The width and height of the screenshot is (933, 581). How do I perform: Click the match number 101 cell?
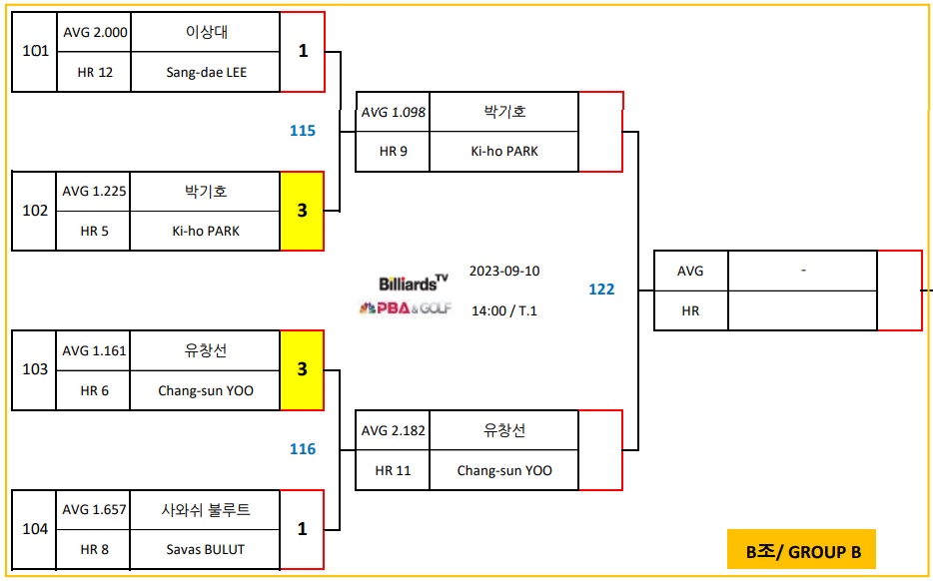point(35,51)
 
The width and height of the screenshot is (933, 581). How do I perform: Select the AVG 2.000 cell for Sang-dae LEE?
point(95,32)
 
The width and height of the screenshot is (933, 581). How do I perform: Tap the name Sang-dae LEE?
point(207,72)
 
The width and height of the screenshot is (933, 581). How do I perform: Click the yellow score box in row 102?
point(302,211)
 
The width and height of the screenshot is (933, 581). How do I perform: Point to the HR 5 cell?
point(95,231)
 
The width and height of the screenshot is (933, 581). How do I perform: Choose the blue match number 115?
point(303,131)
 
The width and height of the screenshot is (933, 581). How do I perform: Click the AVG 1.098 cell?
point(394,112)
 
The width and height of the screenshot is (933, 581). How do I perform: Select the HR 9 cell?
point(394,152)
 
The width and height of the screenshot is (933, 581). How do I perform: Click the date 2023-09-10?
point(503,272)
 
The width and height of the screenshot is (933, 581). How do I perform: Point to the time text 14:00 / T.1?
point(503,310)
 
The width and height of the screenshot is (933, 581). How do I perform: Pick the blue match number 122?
point(601,290)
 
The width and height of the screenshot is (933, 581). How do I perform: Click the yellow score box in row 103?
point(302,370)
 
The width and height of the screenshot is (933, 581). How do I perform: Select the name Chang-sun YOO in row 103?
point(206,390)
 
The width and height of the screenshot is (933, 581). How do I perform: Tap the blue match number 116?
point(303,449)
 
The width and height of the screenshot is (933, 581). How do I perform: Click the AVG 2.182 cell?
point(394,430)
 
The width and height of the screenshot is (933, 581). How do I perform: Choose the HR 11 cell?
point(394,470)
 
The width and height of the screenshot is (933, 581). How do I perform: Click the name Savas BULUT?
point(206,549)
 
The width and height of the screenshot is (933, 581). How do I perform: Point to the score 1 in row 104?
point(302,529)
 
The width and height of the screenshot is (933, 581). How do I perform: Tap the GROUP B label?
point(801,550)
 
